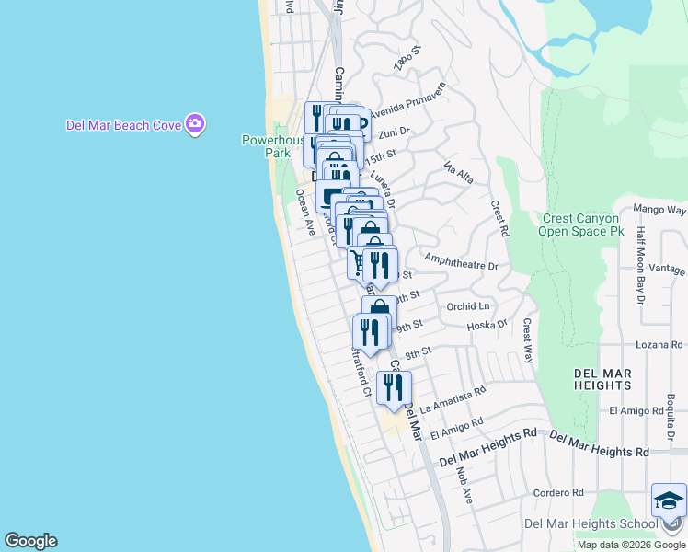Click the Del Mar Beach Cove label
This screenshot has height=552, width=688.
(x=122, y=125)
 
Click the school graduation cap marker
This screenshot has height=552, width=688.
(x=669, y=502)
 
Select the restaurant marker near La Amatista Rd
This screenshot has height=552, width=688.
(x=394, y=387)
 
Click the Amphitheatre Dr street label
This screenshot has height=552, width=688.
(x=461, y=265)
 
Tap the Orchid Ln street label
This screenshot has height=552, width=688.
(x=468, y=306)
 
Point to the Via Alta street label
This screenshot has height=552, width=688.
(x=458, y=172)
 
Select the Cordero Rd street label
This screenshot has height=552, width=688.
(x=558, y=493)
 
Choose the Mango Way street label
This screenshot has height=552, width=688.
(x=661, y=210)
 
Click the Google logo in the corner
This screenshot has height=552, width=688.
(x=30, y=541)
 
